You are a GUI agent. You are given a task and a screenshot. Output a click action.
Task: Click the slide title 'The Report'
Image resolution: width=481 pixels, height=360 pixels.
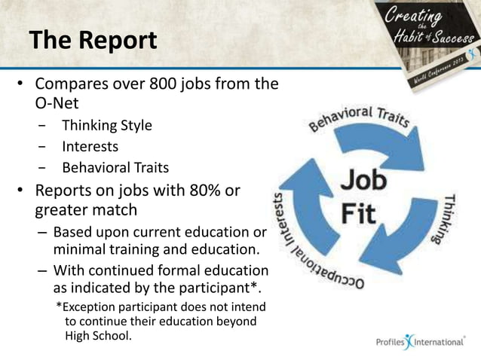coord(93,40)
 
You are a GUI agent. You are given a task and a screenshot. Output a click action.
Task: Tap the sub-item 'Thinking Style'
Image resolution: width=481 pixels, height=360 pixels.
coord(106,125)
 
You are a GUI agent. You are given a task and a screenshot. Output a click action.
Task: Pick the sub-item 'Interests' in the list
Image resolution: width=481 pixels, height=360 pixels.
coord(90,146)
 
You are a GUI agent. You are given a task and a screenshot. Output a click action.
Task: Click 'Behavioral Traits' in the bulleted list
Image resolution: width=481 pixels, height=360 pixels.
coord(115,167)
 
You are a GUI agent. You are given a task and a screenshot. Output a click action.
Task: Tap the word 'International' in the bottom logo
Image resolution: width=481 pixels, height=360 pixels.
coord(437,343)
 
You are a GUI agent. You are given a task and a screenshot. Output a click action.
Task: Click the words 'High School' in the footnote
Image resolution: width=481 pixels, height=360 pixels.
coord(97,335)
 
